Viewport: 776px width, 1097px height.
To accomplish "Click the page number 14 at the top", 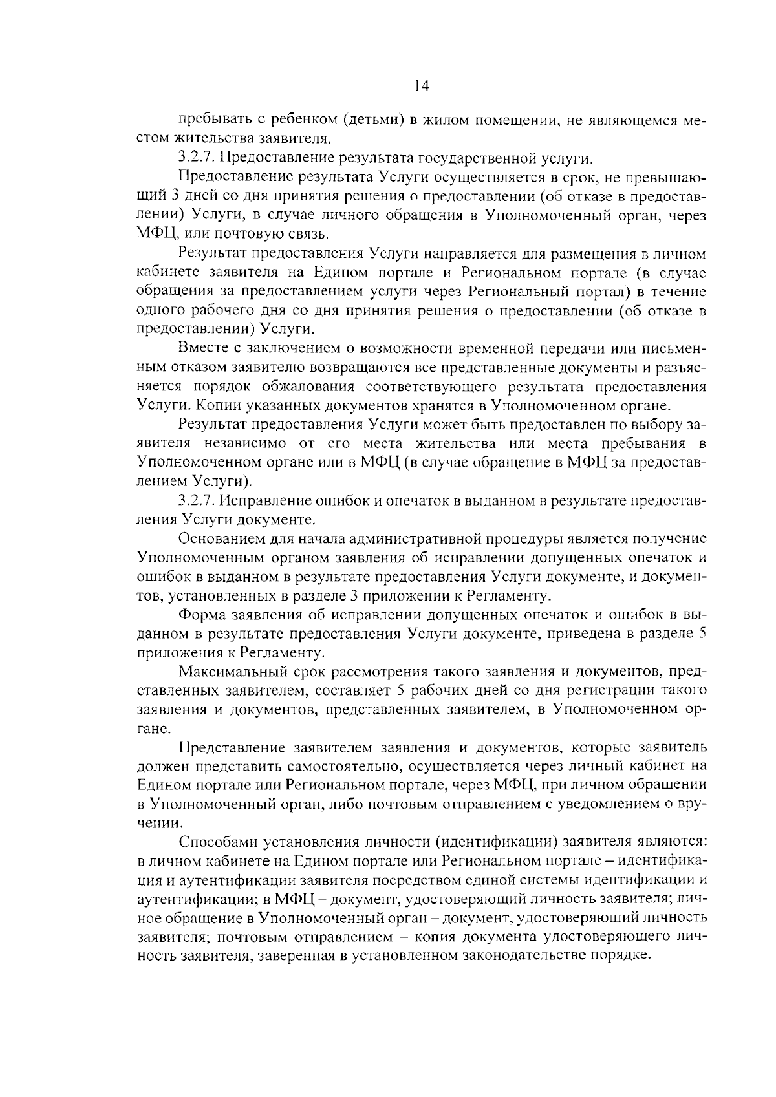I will pyautogui.click(x=420, y=85).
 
